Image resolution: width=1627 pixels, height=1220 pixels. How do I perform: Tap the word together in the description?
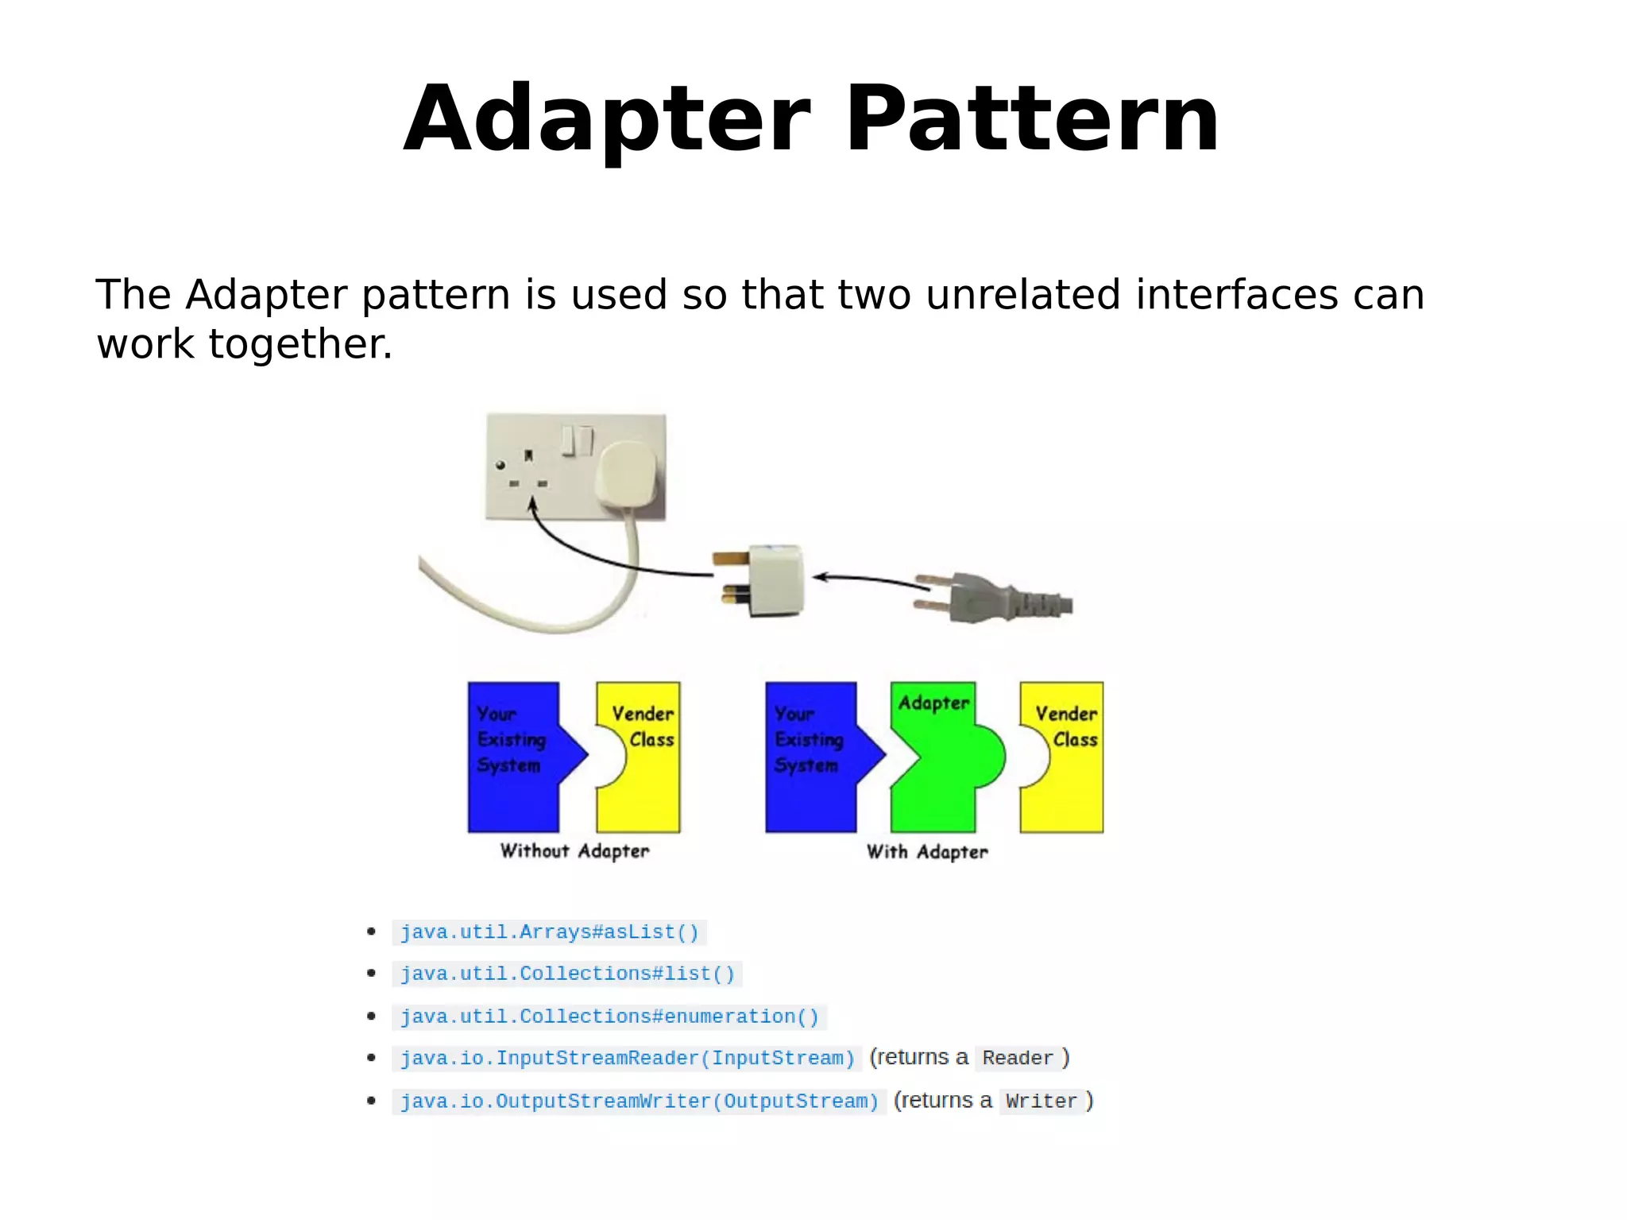pos(300,344)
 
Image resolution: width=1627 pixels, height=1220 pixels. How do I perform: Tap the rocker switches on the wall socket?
pos(578,440)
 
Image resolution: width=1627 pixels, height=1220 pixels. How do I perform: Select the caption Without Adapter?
pos(574,851)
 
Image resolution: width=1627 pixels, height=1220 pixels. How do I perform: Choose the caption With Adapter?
pos(927,852)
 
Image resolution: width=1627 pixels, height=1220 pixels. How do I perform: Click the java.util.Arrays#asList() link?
pos(549,931)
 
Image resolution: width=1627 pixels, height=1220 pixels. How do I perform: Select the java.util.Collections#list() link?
pos(567,974)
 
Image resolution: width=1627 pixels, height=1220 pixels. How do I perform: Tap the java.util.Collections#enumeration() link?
pos(609,1017)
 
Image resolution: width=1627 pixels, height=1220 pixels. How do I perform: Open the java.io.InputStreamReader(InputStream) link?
pos(627,1059)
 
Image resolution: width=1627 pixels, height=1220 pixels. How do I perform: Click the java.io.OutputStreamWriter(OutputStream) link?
pos(640,1102)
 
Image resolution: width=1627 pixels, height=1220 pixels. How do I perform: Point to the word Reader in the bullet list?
pos(1017,1059)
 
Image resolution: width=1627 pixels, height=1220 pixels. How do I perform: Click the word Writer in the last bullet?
pos(1041,1102)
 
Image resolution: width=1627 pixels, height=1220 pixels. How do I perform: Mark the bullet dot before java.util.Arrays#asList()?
pos(371,931)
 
